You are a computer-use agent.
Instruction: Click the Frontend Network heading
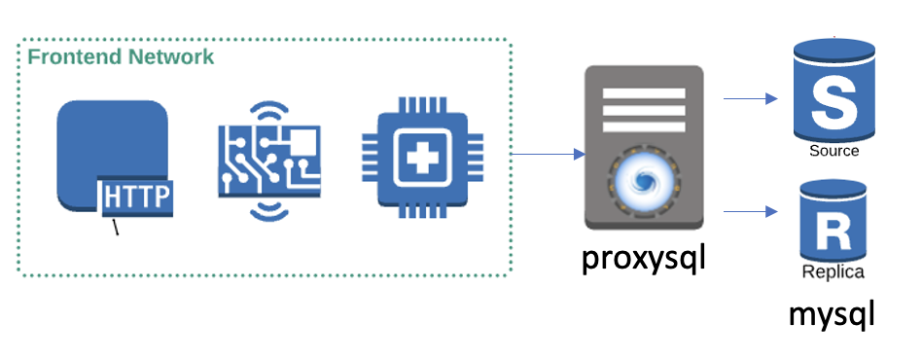click(122, 57)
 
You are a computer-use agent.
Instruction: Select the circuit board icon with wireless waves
click(269, 162)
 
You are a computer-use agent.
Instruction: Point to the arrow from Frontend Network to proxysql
click(548, 154)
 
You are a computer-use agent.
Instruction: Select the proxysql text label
click(643, 259)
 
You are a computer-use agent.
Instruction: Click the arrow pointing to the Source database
click(751, 99)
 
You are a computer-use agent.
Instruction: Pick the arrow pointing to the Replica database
click(751, 211)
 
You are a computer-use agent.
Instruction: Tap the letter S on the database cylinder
click(833, 104)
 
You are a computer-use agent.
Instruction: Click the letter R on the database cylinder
click(834, 234)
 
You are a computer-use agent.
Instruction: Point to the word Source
click(834, 151)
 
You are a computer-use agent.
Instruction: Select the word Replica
click(833, 272)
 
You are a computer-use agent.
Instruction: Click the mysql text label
click(832, 315)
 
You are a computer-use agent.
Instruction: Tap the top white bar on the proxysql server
click(644, 93)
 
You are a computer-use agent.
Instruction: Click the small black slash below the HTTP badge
click(116, 227)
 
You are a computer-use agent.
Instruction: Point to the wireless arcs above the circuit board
click(269, 112)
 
